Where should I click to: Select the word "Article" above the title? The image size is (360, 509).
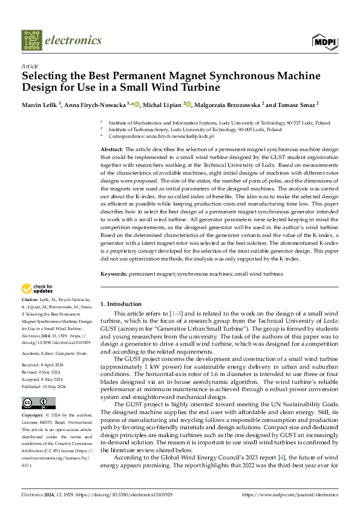pos(30,66)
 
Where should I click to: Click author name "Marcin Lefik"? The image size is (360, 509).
pos(41,105)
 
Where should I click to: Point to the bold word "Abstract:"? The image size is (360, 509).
pos(112,149)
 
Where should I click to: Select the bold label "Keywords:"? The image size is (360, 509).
pos(114,274)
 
